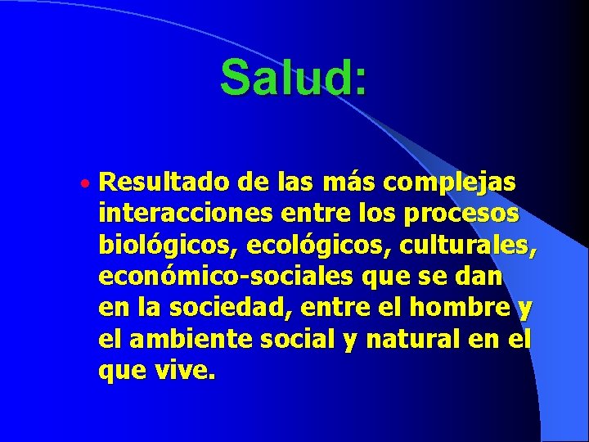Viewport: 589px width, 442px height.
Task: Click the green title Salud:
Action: (x=293, y=79)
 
